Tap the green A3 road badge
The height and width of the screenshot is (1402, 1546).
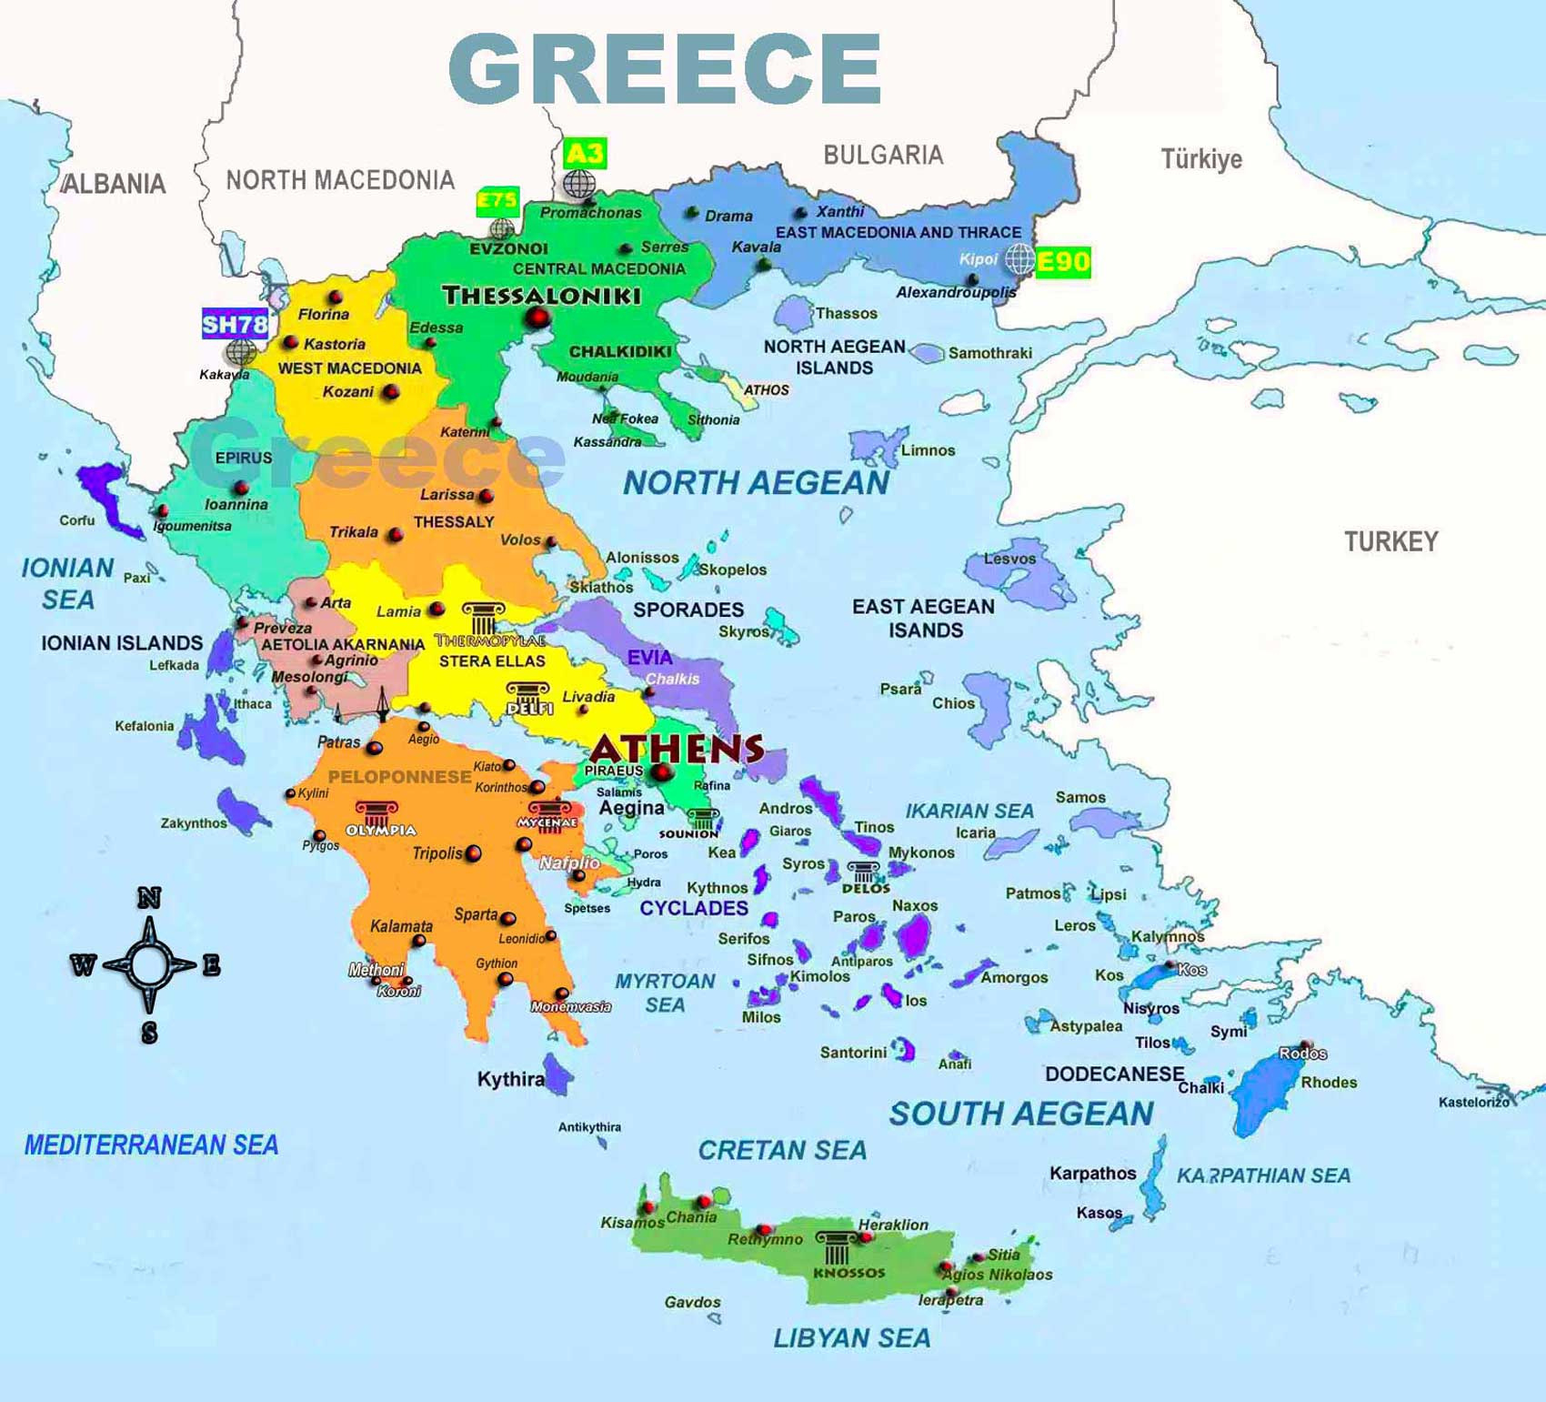coord(584,153)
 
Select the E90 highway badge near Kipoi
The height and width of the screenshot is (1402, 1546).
coord(1062,262)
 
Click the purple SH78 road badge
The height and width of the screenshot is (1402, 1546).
coord(235,324)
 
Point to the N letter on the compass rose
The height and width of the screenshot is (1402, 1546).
coord(149,899)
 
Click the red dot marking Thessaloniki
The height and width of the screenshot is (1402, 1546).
coord(537,318)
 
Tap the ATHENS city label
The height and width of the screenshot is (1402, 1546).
coord(677,749)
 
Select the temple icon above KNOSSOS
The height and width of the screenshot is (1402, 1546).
coord(836,1247)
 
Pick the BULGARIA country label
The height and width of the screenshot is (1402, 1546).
coord(883,156)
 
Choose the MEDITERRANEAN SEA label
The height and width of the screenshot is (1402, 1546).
coord(151,1145)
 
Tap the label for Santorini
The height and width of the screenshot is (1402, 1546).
coord(853,1053)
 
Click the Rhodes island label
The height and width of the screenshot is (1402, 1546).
coord(1329,1083)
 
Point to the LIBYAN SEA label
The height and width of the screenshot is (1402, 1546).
coord(852,1338)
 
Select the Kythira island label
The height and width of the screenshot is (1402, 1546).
coord(510,1080)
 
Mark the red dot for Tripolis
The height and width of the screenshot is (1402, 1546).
coord(473,853)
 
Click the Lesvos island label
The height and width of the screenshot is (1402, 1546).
coord(1009,559)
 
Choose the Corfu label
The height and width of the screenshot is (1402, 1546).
coord(76,520)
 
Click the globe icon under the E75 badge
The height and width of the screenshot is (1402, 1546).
coord(501,228)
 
